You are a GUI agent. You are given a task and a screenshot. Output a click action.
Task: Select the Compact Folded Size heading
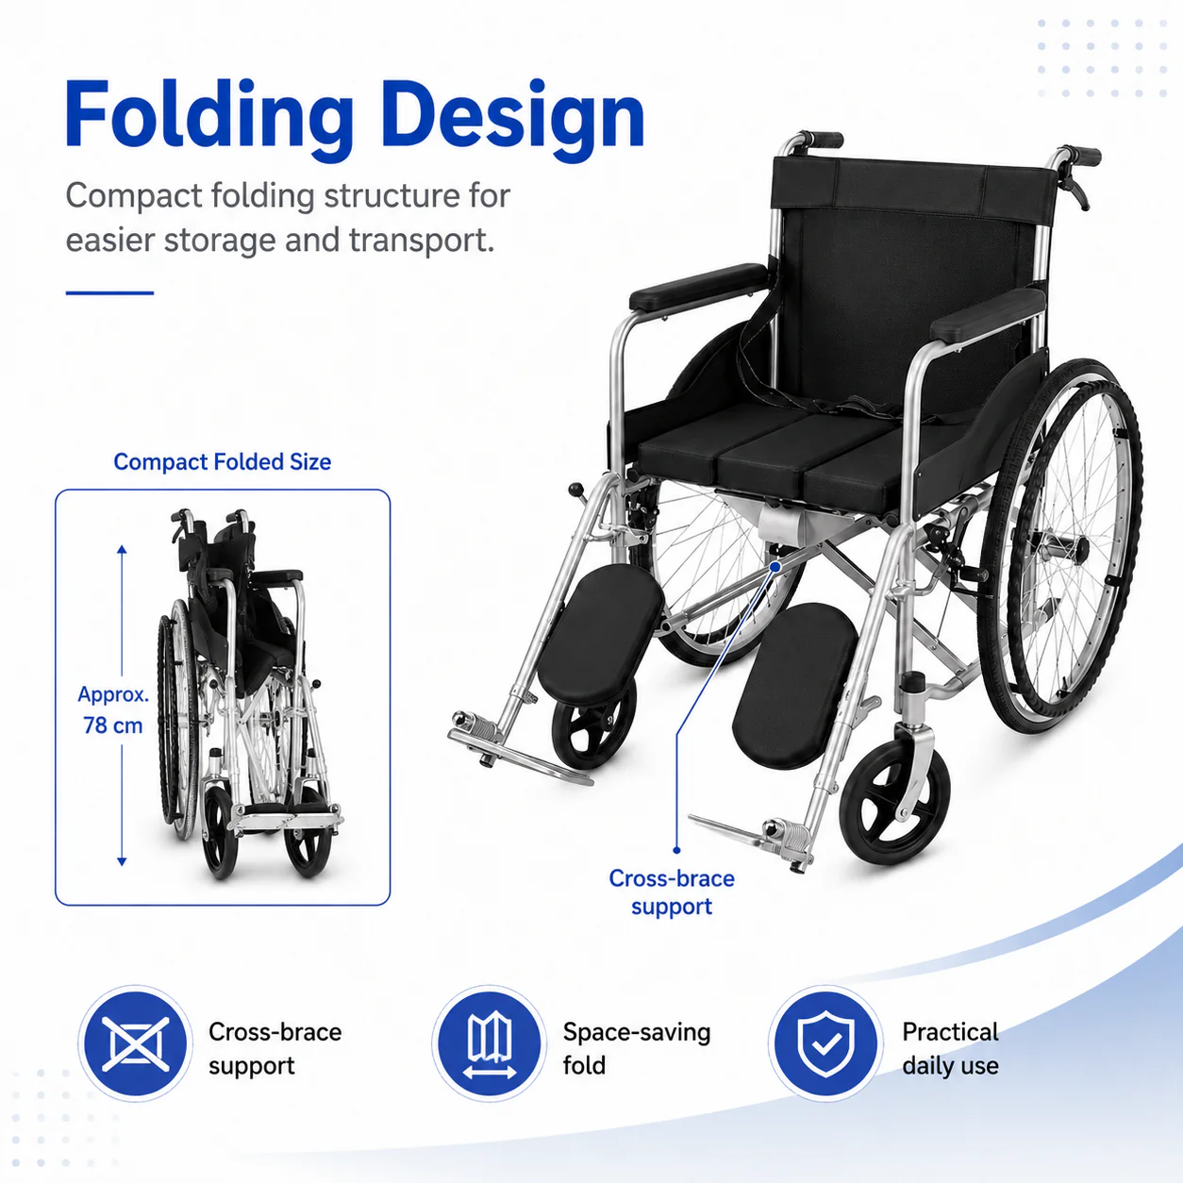[x=223, y=461]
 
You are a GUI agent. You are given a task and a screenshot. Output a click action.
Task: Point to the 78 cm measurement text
[x=113, y=725]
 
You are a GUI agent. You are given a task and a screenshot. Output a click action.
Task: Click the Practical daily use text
[x=950, y=1048]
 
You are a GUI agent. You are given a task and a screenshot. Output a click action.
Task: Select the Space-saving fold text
[x=637, y=1048]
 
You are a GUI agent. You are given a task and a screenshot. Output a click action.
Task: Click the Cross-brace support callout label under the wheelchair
[x=672, y=892]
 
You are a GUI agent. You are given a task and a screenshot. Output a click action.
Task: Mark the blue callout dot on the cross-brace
[x=775, y=567]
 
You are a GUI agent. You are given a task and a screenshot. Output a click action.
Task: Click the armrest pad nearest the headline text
[x=699, y=287]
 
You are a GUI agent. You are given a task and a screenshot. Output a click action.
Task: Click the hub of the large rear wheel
[x=1075, y=548]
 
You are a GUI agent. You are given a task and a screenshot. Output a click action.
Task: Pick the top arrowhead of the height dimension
[x=122, y=549]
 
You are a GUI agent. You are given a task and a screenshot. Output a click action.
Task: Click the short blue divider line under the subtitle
[x=109, y=292]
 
